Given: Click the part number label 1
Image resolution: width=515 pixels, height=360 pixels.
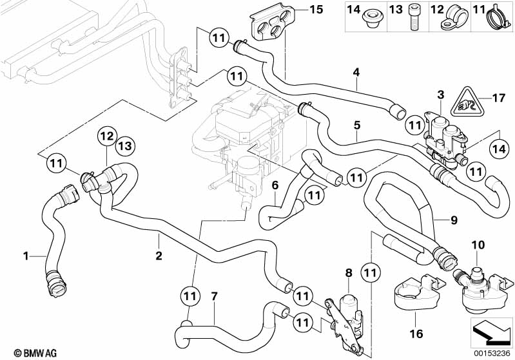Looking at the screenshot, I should [26, 256].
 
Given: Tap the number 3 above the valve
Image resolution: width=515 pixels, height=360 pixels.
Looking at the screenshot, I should [440, 95].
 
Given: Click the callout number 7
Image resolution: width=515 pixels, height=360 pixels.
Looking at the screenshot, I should [215, 297].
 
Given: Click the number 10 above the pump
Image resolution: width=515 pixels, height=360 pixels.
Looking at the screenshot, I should [478, 245].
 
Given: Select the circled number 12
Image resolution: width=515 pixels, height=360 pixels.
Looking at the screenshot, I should [107, 136].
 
